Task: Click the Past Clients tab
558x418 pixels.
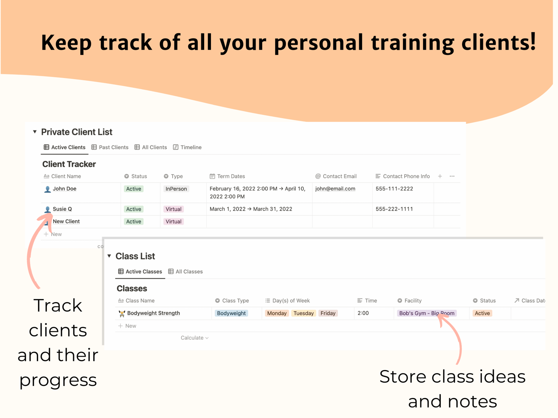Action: pyautogui.click(x=110, y=147)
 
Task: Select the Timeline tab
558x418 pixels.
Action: pyautogui.click(x=187, y=147)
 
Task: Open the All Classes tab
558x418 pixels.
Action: pyautogui.click(x=185, y=272)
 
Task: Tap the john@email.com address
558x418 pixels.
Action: pyautogui.click(x=335, y=189)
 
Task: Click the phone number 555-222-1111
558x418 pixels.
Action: pyautogui.click(x=394, y=209)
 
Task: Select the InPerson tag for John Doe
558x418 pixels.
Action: pyautogui.click(x=176, y=189)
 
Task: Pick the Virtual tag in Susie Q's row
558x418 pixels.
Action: pyautogui.click(x=173, y=209)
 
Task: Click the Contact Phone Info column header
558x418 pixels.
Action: pyautogui.click(x=403, y=176)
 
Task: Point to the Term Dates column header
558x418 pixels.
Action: pyautogui.click(x=227, y=176)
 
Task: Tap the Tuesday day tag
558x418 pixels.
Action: pyautogui.click(x=304, y=313)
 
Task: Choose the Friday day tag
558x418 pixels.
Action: pyautogui.click(x=328, y=313)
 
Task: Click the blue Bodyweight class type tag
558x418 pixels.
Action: pyautogui.click(x=231, y=313)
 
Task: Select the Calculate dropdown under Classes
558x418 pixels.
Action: pyautogui.click(x=195, y=338)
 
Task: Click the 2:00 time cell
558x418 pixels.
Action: pyautogui.click(x=363, y=313)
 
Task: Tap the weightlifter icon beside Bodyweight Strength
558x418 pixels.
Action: pyautogui.click(x=122, y=314)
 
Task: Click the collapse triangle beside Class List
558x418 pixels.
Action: pyautogui.click(x=109, y=256)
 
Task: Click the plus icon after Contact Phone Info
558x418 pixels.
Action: pyautogui.click(x=440, y=176)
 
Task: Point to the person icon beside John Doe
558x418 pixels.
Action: pyautogui.click(x=47, y=189)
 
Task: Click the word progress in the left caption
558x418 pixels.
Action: pyautogui.click(x=58, y=380)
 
